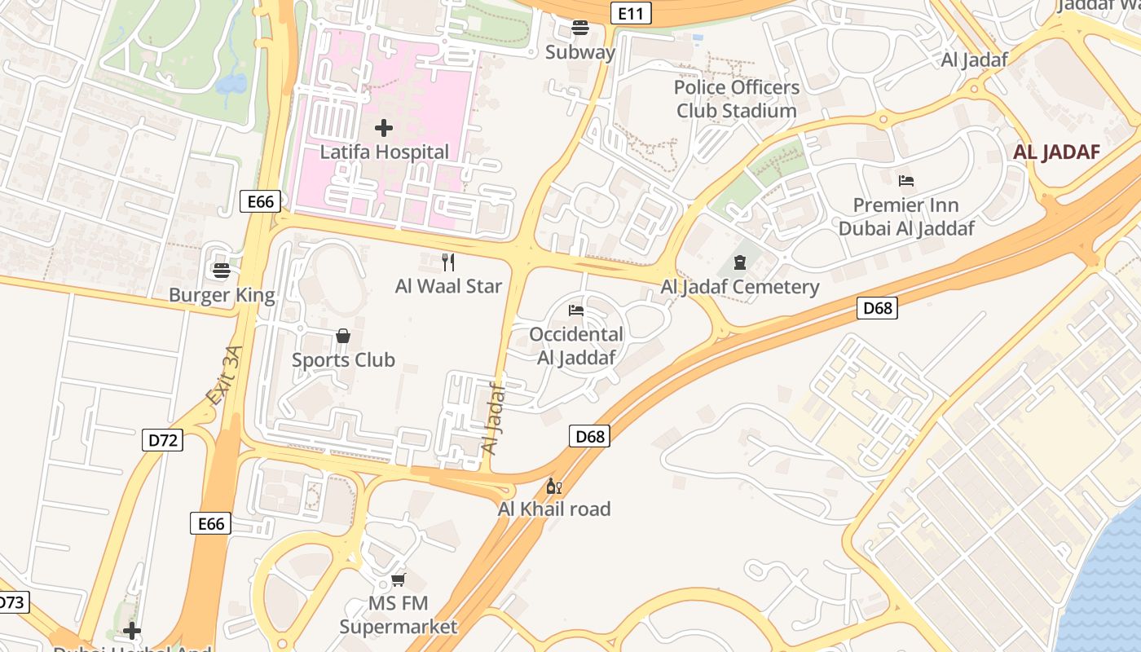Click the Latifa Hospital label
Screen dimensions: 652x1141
coord(384,152)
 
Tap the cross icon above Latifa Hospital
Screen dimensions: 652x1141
coord(384,128)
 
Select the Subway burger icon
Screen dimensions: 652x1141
coord(580,28)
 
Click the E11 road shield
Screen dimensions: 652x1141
coord(631,13)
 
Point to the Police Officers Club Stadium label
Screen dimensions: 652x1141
coord(736,99)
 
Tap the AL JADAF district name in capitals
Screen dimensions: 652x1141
coord(1056,152)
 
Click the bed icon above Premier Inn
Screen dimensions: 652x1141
coord(906,180)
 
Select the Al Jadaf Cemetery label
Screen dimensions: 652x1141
coord(739,287)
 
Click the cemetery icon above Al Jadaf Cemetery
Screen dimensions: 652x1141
coord(739,262)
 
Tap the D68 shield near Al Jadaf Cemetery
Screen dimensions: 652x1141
coord(878,308)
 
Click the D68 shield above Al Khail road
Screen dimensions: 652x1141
coord(589,437)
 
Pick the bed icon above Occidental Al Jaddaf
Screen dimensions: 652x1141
coord(576,310)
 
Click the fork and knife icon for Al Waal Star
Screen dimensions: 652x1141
coord(447,262)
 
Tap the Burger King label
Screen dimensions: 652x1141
coord(222,295)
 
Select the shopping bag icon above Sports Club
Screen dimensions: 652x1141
coord(343,336)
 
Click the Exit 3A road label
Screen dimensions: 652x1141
coord(224,376)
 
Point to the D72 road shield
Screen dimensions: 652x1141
coord(163,441)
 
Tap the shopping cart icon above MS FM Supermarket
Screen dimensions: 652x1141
coord(399,579)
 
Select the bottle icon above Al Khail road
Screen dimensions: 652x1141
coord(554,487)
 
